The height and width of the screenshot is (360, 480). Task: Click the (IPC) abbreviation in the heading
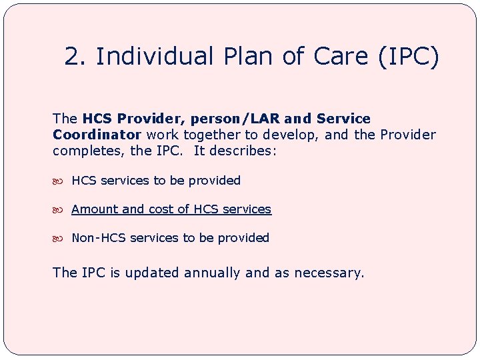click(x=408, y=57)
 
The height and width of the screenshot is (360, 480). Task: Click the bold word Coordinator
click(x=97, y=135)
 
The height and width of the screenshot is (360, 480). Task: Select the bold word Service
click(x=343, y=119)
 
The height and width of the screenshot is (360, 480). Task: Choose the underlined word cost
click(x=161, y=209)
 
